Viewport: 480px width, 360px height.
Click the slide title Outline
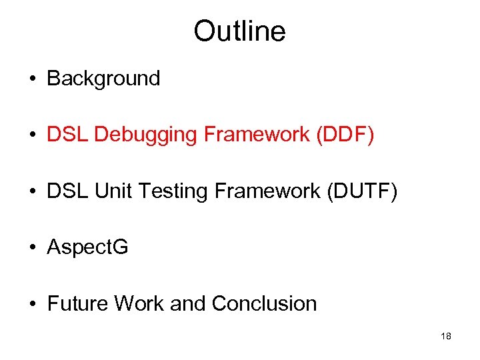(239, 31)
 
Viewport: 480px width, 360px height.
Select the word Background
(103, 79)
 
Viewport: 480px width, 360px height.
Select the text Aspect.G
(87, 248)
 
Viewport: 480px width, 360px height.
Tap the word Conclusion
(264, 304)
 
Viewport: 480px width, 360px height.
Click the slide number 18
(446, 337)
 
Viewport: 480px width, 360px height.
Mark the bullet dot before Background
(33, 79)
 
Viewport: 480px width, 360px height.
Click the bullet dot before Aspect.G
(33, 248)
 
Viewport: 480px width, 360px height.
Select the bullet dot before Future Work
(33, 305)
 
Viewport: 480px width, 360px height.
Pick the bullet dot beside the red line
(33, 136)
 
